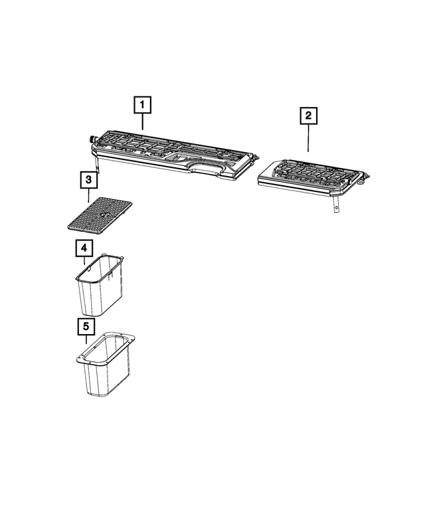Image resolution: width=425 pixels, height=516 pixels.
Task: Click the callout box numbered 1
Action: tap(142, 105)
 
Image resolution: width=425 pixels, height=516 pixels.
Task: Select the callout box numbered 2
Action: tap(308, 116)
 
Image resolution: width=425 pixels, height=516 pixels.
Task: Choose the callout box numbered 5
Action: tap(84, 327)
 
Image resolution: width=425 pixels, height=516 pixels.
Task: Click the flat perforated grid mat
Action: tap(100, 214)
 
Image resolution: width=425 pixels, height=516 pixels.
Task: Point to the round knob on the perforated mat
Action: tap(103, 215)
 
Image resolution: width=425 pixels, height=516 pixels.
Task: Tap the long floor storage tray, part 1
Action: tap(173, 153)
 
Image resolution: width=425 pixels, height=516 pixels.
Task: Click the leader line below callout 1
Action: tap(142, 121)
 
